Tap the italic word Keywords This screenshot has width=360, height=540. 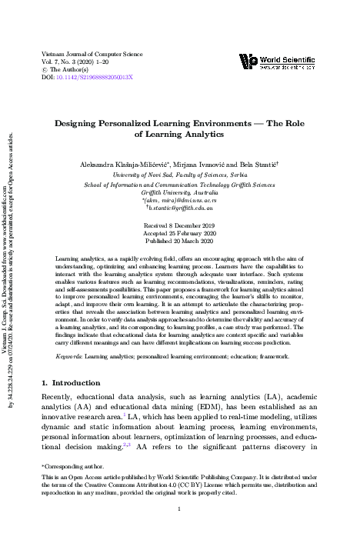point(70,357)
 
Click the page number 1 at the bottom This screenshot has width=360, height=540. point(179,509)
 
